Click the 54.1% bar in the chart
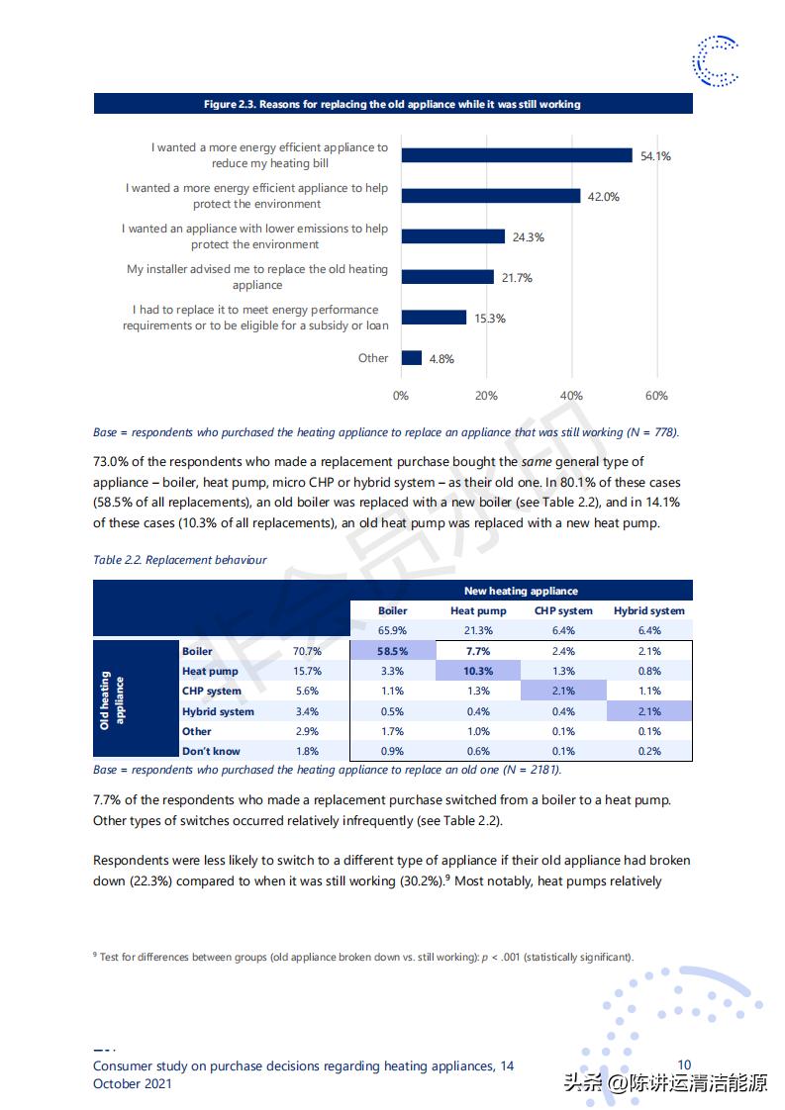coord(517,155)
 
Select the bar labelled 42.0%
coord(491,196)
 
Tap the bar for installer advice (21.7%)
coord(447,277)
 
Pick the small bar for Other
coord(412,358)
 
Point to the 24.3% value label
coord(529,237)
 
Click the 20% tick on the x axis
coord(486,396)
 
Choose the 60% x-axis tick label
coord(656,396)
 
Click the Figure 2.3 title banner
coord(392,104)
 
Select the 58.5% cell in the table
coord(393,651)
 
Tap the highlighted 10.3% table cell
coord(478,671)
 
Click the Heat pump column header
coord(478,610)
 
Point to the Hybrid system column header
coord(649,610)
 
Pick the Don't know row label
coord(211,751)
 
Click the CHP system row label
coord(212,691)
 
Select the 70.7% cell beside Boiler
coord(307,651)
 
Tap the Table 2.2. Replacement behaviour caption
coord(180,560)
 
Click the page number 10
coord(684,1064)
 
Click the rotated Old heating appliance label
coord(111,700)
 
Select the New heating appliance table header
coord(521,591)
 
